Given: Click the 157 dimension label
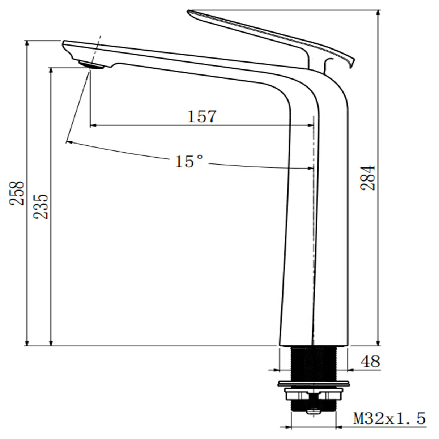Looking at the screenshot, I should point(202,116).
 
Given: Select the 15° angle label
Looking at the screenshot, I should point(189,161).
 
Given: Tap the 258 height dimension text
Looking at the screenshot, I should point(17,193).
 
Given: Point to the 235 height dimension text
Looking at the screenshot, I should point(41,206).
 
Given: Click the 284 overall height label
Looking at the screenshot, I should point(368,178).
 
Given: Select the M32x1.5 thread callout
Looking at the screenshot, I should point(389,419).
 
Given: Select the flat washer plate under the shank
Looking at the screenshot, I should point(314,383).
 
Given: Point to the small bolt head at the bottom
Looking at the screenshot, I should point(314,411).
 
